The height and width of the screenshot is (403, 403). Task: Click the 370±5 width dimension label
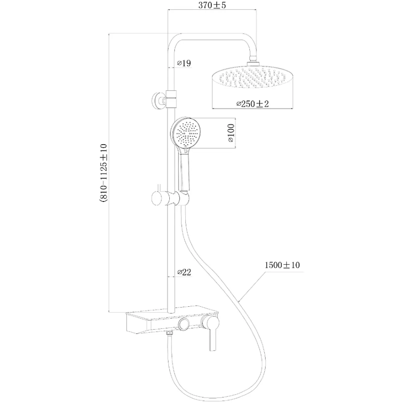click(x=212, y=5)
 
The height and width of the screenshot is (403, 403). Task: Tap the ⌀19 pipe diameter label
click(x=184, y=63)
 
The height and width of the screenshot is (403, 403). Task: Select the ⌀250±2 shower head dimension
click(x=252, y=104)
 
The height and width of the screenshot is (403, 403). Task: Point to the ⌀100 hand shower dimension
click(x=231, y=133)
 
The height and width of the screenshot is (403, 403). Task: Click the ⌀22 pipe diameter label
click(x=184, y=272)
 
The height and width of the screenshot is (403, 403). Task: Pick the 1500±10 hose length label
click(x=282, y=265)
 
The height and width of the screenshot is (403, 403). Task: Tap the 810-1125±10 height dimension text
click(x=103, y=173)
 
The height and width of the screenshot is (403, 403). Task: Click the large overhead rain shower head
click(x=253, y=77)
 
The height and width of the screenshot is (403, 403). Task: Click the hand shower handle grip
click(x=184, y=171)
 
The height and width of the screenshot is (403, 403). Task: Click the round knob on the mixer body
click(x=185, y=323)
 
